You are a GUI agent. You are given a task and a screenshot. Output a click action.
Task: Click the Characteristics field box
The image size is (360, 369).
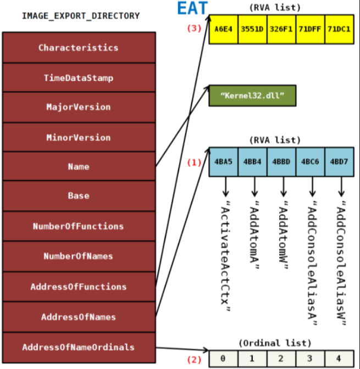pyautogui.click(x=79, y=47)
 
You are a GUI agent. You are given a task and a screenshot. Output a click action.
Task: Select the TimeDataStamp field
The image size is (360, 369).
pyautogui.click(x=79, y=78)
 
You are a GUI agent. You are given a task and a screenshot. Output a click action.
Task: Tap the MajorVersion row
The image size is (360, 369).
pyautogui.click(x=79, y=107)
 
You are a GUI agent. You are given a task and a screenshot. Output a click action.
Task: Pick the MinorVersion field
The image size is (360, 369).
pyautogui.click(x=79, y=137)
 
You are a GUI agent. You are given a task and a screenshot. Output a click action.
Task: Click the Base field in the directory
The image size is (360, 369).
pyautogui.click(x=79, y=195)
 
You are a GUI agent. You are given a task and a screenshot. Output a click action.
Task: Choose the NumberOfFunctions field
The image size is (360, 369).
pyautogui.click(x=79, y=226)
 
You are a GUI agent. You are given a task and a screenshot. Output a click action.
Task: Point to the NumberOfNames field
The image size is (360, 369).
pyautogui.click(x=79, y=256)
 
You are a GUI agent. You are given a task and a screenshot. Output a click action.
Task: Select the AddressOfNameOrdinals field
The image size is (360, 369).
pyautogui.click(x=79, y=347)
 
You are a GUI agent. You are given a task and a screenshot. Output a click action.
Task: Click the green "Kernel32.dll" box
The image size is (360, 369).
pyautogui.click(x=252, y=96)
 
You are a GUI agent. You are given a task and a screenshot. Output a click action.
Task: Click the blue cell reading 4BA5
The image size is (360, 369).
pyautogui.click(x=223, y=162)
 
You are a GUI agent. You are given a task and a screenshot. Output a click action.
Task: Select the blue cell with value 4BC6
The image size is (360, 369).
pyautogui.click(x=310, y=162)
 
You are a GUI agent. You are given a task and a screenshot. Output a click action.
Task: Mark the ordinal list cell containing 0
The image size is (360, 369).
pyautogui.click(x=223, y=359)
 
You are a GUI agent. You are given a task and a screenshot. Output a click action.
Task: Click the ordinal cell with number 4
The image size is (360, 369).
pyautogui.click(x=339, y=359)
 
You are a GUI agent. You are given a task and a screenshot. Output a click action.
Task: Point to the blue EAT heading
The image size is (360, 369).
pyautogui.click(x=192, y=9)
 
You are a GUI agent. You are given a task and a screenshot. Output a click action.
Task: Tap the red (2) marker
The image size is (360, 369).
pyautogui.click(x=195, y=360)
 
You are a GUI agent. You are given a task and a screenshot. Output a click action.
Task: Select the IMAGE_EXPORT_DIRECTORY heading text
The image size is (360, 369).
pyautogui.click(x=80, y=16)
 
